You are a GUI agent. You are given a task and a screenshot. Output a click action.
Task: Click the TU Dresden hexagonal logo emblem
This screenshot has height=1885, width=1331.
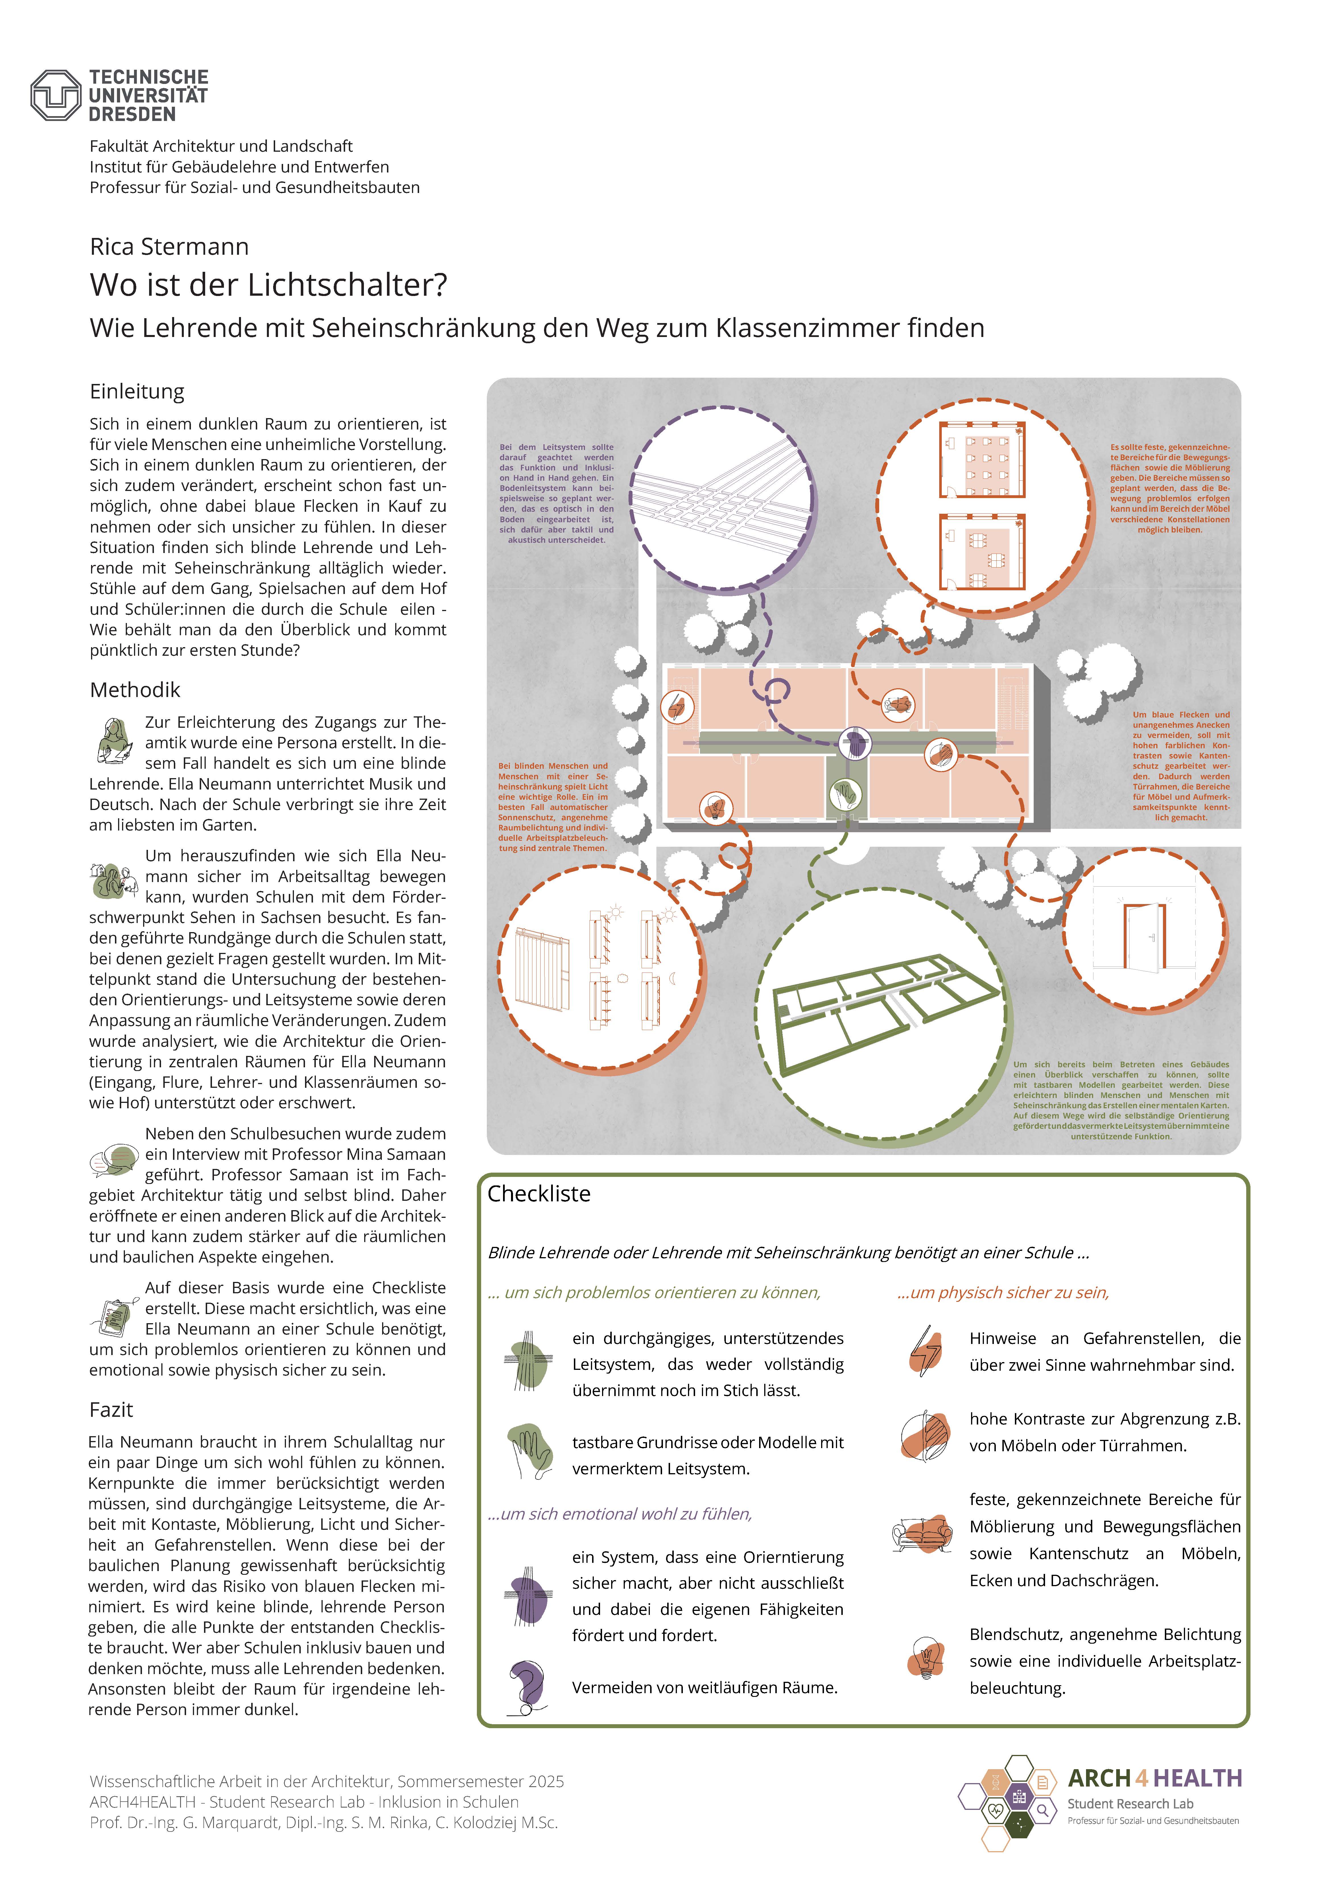coord(56,95)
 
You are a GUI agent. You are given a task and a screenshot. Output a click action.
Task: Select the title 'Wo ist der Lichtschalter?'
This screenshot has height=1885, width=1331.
coord(268,285)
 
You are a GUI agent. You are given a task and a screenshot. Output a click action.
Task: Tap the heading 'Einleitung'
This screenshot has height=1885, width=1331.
coord(137,392)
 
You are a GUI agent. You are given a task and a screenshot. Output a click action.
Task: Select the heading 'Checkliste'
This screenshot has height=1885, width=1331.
coord(539,1194)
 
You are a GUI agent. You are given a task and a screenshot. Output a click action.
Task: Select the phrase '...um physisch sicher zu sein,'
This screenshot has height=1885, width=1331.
coord(1003,1293)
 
